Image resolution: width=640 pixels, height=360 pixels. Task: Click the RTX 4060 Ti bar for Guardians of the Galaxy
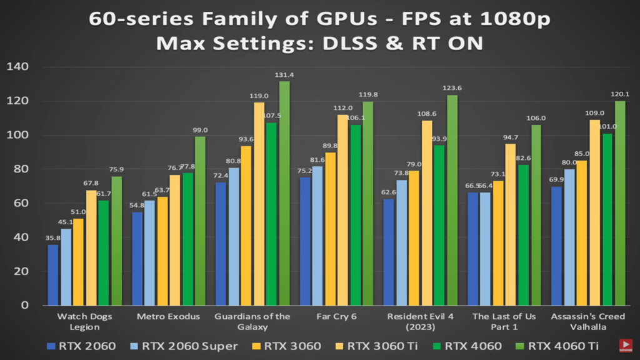coord(284,194)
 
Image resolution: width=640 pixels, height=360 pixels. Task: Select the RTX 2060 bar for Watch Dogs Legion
coord(53,275)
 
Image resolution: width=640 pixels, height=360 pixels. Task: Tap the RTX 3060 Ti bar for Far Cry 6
coord(342,210)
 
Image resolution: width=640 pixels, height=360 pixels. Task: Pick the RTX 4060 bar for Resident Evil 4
coord(439,225)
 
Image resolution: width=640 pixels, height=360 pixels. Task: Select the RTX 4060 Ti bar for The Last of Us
coord(536,215)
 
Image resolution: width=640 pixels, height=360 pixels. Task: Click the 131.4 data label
coord(284,75)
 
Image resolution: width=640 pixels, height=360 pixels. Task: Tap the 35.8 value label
coord(52,238)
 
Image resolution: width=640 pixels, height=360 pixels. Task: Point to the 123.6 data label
coord(452,88)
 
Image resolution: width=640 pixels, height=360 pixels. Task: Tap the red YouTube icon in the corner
coord(625,346)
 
